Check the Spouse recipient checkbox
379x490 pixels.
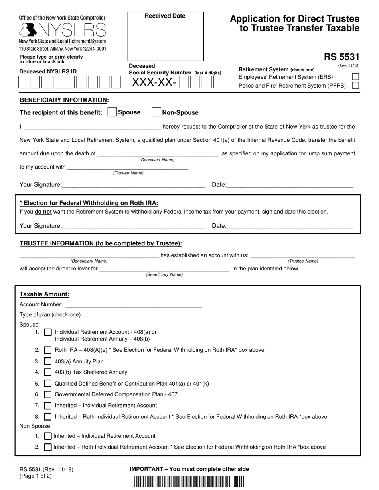click(112, 112)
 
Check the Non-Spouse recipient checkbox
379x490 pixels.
click(156, 112)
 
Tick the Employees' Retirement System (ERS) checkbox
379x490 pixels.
click(355, 77)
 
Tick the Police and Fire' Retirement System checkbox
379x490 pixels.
click(355, 85)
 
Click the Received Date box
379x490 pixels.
click(165, 36)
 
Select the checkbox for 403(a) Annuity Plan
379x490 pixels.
click(48, 361)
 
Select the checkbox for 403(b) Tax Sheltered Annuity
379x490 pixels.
click(48, 372)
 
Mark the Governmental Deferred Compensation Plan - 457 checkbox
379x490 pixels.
click(48, 394)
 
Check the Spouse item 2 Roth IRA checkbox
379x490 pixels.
click(48, 350)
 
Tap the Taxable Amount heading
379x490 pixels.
click(44, 294)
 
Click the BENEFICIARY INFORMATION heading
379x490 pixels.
click(64, 100)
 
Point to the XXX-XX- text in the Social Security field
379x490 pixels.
click(154, 82)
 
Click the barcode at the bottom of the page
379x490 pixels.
click(189, 482)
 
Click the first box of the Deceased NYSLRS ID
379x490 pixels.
click(24, 82)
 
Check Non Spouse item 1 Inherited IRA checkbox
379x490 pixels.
click(48, 436)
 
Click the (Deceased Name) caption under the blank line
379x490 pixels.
click(157, 160)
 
